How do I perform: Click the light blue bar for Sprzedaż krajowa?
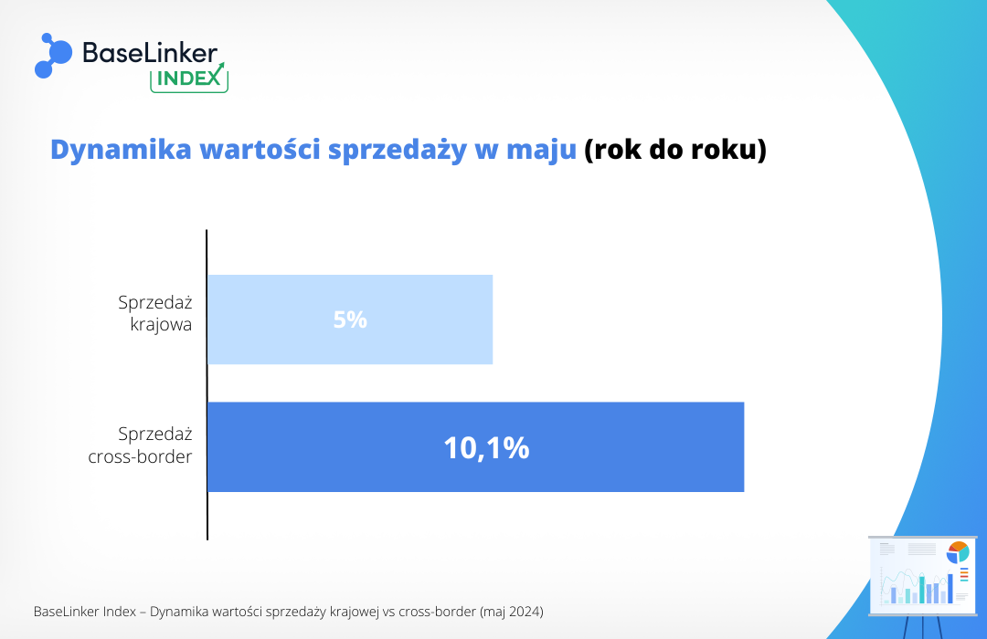[x=350, y=319]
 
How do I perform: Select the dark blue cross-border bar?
[x=476, y=447]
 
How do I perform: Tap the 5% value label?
[x=350, y=319]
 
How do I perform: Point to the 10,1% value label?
[x=486, y=448]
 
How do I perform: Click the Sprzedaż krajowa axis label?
[x=155, y=313]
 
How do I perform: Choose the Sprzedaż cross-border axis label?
[x=141, y=445]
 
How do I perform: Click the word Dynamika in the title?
[x=121, y=151]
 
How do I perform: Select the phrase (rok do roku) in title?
[x=675, y=150]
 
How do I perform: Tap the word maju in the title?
[x=541, y=151]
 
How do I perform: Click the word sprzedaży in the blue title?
[x=398, y=151]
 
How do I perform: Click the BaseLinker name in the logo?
[x=150, y=53]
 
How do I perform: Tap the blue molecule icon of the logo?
[x=54, y=56]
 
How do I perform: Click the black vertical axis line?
[x=207, y=385]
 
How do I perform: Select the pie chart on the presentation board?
[x=958, y=552]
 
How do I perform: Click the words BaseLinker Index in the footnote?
[x=85, y=612]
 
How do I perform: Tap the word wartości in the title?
[x=260, y=150]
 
